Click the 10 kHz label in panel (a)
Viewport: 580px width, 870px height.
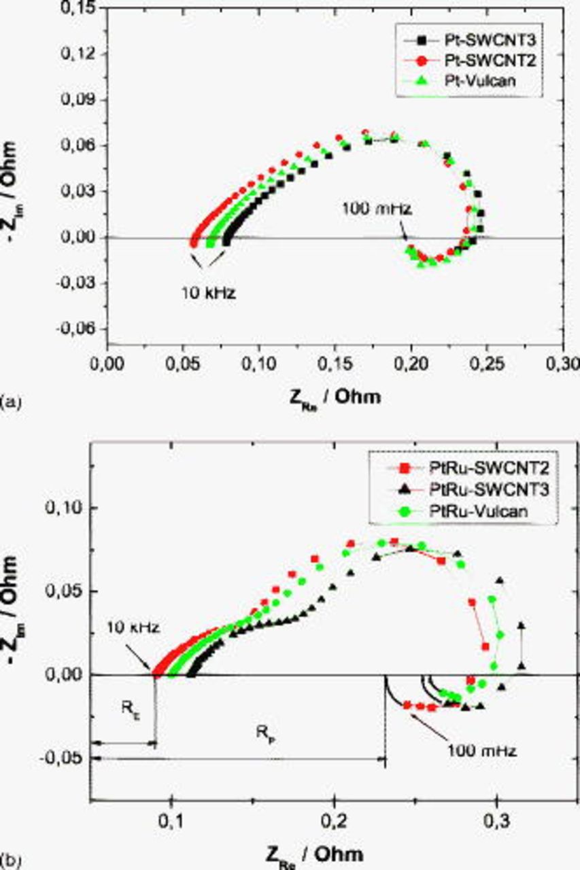(x=208, y=294)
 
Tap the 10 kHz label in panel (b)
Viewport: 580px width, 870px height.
(x=135, y=628)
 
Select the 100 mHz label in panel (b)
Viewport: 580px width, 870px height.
(x=482, y=751)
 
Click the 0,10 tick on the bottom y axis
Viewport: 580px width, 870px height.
(x=65, y=508)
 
